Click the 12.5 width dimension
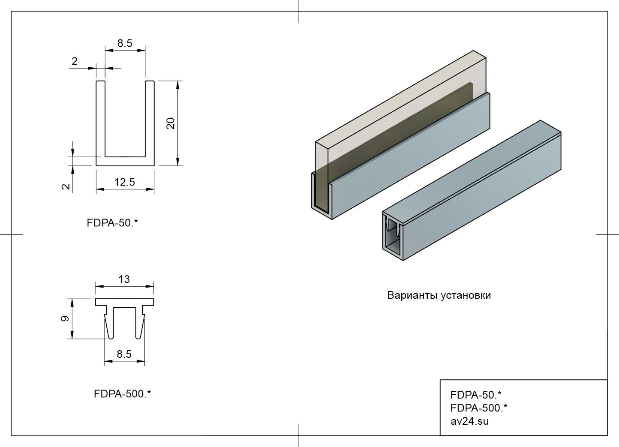click(x=124, y=182)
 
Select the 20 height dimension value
click(x=171, y=123)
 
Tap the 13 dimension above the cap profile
click(x=124, y=279)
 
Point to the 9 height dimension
click(x=65, y=318)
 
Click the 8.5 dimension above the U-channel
click(x=125, y=43)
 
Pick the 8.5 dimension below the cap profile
click(x=124, y=354)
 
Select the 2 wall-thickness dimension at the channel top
click(x=75, y=61)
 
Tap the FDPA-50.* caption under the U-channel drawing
click(x=112, y=223)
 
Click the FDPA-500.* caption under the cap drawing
click(x=122, y=394)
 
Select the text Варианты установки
click(x=439, y=295)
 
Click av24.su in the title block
click(x=469, y=421)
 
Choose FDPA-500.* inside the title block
click(x=479, y=408)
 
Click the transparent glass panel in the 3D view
click(x=399, y=103)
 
